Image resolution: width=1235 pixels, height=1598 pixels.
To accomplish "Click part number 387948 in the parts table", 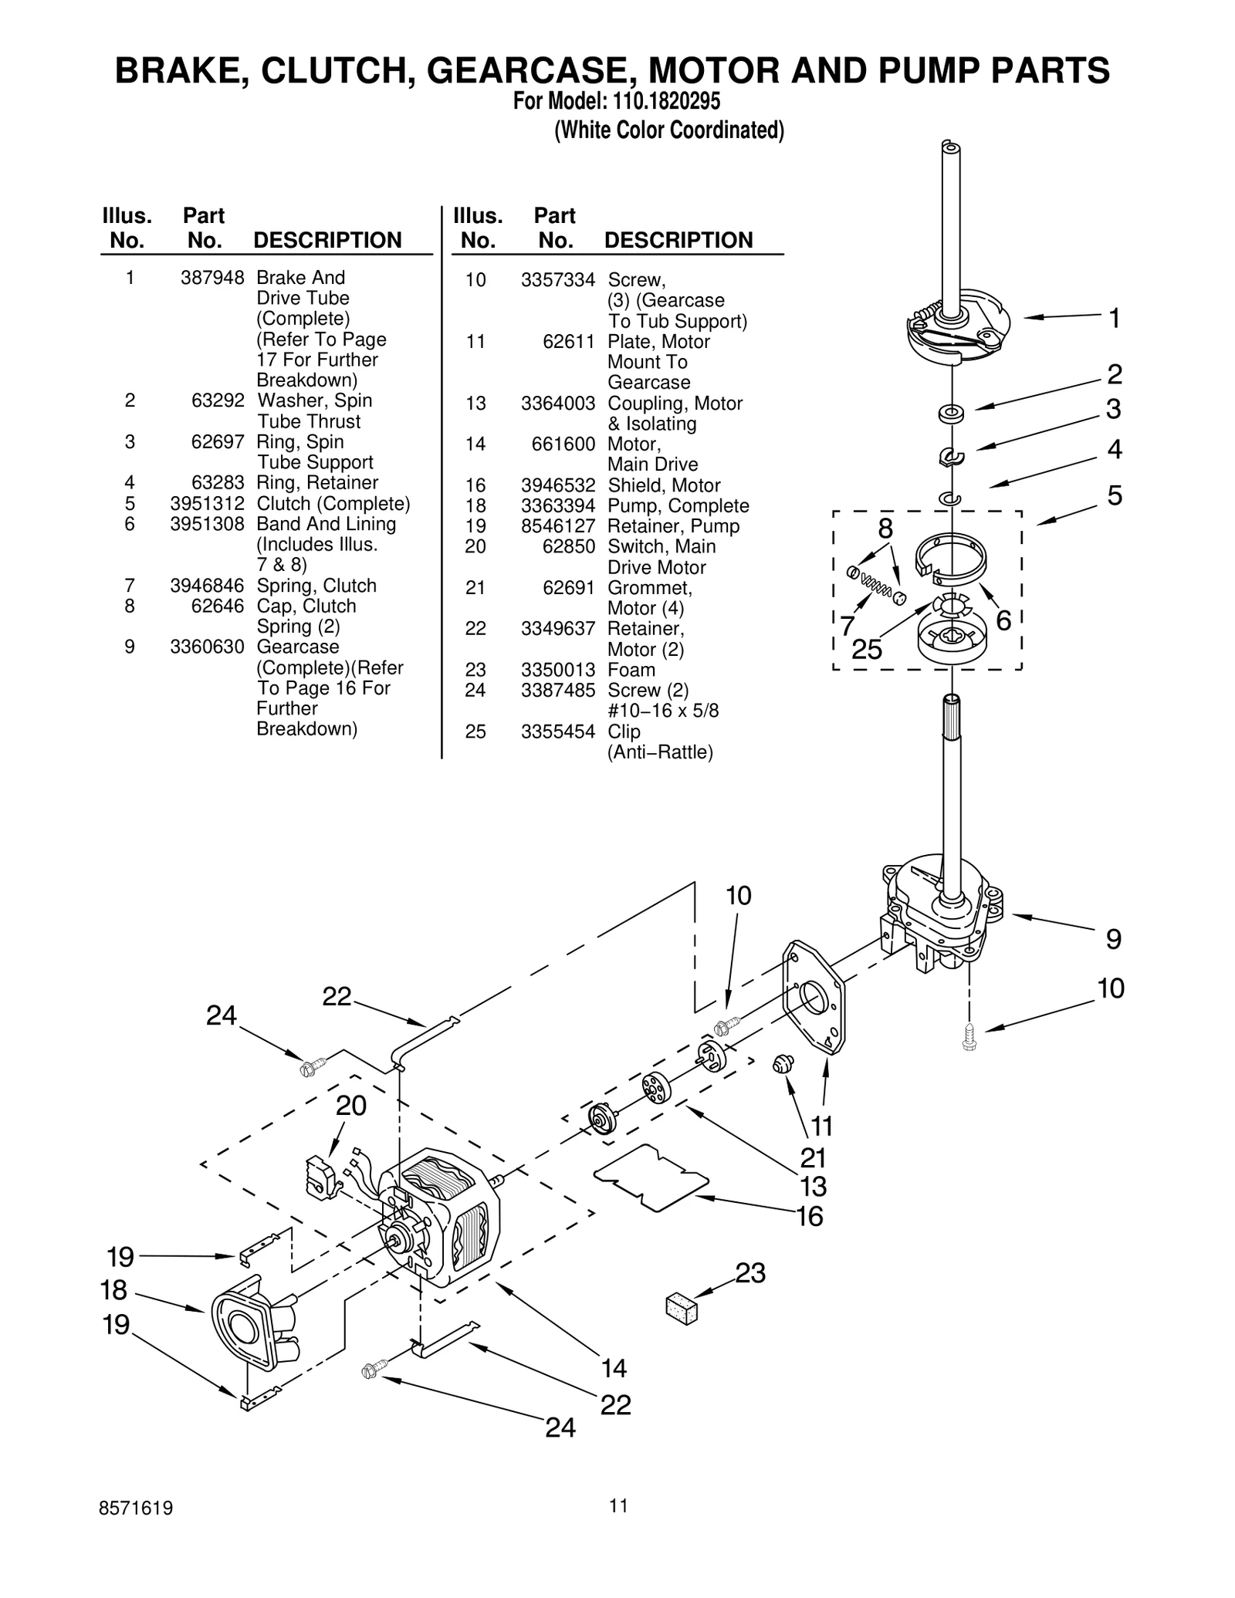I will point(212,278).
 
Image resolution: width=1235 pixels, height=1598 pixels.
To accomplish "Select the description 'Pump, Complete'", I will point(678,505).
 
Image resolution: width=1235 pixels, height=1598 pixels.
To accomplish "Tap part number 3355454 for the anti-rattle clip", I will point(557,731).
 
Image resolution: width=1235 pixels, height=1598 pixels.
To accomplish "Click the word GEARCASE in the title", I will point(532,70).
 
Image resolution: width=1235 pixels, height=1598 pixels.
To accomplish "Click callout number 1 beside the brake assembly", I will point(1114,318).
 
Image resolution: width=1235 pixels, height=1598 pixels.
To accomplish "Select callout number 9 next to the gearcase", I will point(1113,939).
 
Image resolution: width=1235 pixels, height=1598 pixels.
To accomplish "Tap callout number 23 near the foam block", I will point(749,1272).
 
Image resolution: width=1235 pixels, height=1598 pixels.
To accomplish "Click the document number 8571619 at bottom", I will point(136,1529).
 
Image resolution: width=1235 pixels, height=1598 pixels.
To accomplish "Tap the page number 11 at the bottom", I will point(617,1526).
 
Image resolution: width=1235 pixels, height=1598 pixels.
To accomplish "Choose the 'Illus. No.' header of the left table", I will point(127,228).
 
